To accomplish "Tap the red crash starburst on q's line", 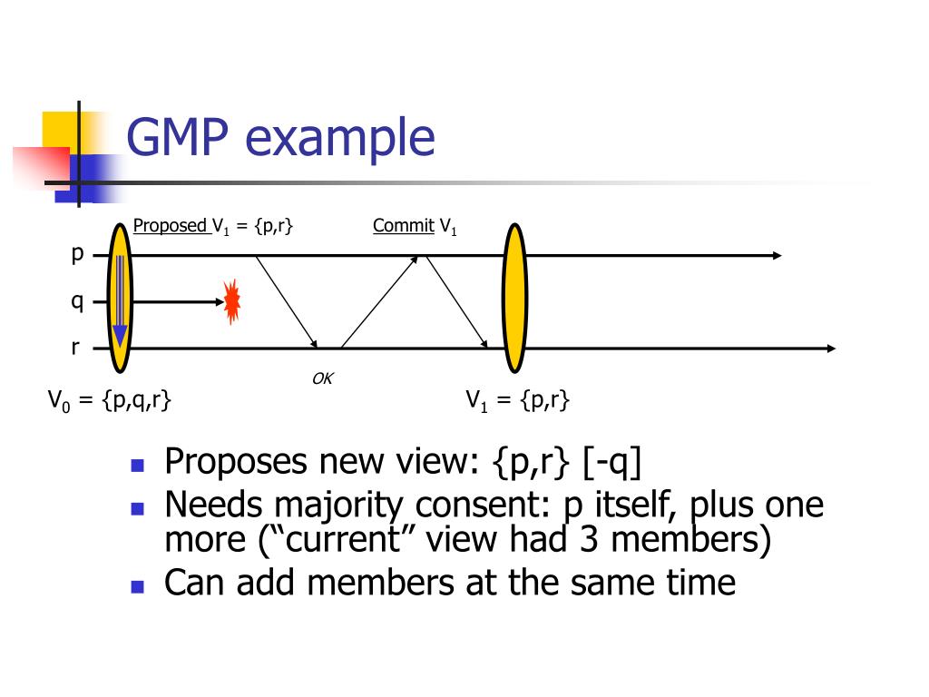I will [232, 302].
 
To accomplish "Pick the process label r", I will [76, 348].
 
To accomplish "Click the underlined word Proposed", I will [171, 226].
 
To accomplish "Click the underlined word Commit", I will [403, 226].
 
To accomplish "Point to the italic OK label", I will [322, 378].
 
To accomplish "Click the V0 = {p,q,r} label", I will [111, 400].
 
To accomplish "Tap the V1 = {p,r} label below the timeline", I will [517, 400].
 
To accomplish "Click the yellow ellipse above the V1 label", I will [514, 299].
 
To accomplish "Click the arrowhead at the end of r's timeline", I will [830, 348].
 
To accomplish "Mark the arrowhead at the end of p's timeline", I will [776, 255].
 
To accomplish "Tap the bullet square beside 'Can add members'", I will [138, 585].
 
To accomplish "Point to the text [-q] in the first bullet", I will [612, 462].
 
